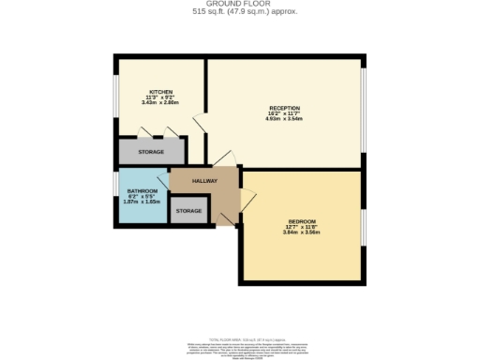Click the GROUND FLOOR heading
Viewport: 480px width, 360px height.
coord(240,5)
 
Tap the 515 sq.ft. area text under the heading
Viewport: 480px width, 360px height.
coord(240,13)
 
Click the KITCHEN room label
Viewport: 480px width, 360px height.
coord(160,92)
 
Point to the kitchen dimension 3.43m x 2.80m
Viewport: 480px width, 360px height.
coord(160,103)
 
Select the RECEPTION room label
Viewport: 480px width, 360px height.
coord(284,108)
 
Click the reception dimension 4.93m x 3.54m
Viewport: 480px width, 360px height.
coord(284,119)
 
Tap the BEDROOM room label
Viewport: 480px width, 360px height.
coord(302,221)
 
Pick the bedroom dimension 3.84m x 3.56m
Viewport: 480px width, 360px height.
coord(302,232)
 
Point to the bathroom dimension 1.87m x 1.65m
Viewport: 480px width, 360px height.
coord(142,202)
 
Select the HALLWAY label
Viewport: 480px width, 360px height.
coord(204,181)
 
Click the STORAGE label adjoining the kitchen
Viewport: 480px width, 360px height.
coord(151,151)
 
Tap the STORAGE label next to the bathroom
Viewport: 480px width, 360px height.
coord(188,211)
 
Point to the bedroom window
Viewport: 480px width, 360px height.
coord(362,230)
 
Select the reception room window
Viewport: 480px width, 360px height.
coord(362,110)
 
